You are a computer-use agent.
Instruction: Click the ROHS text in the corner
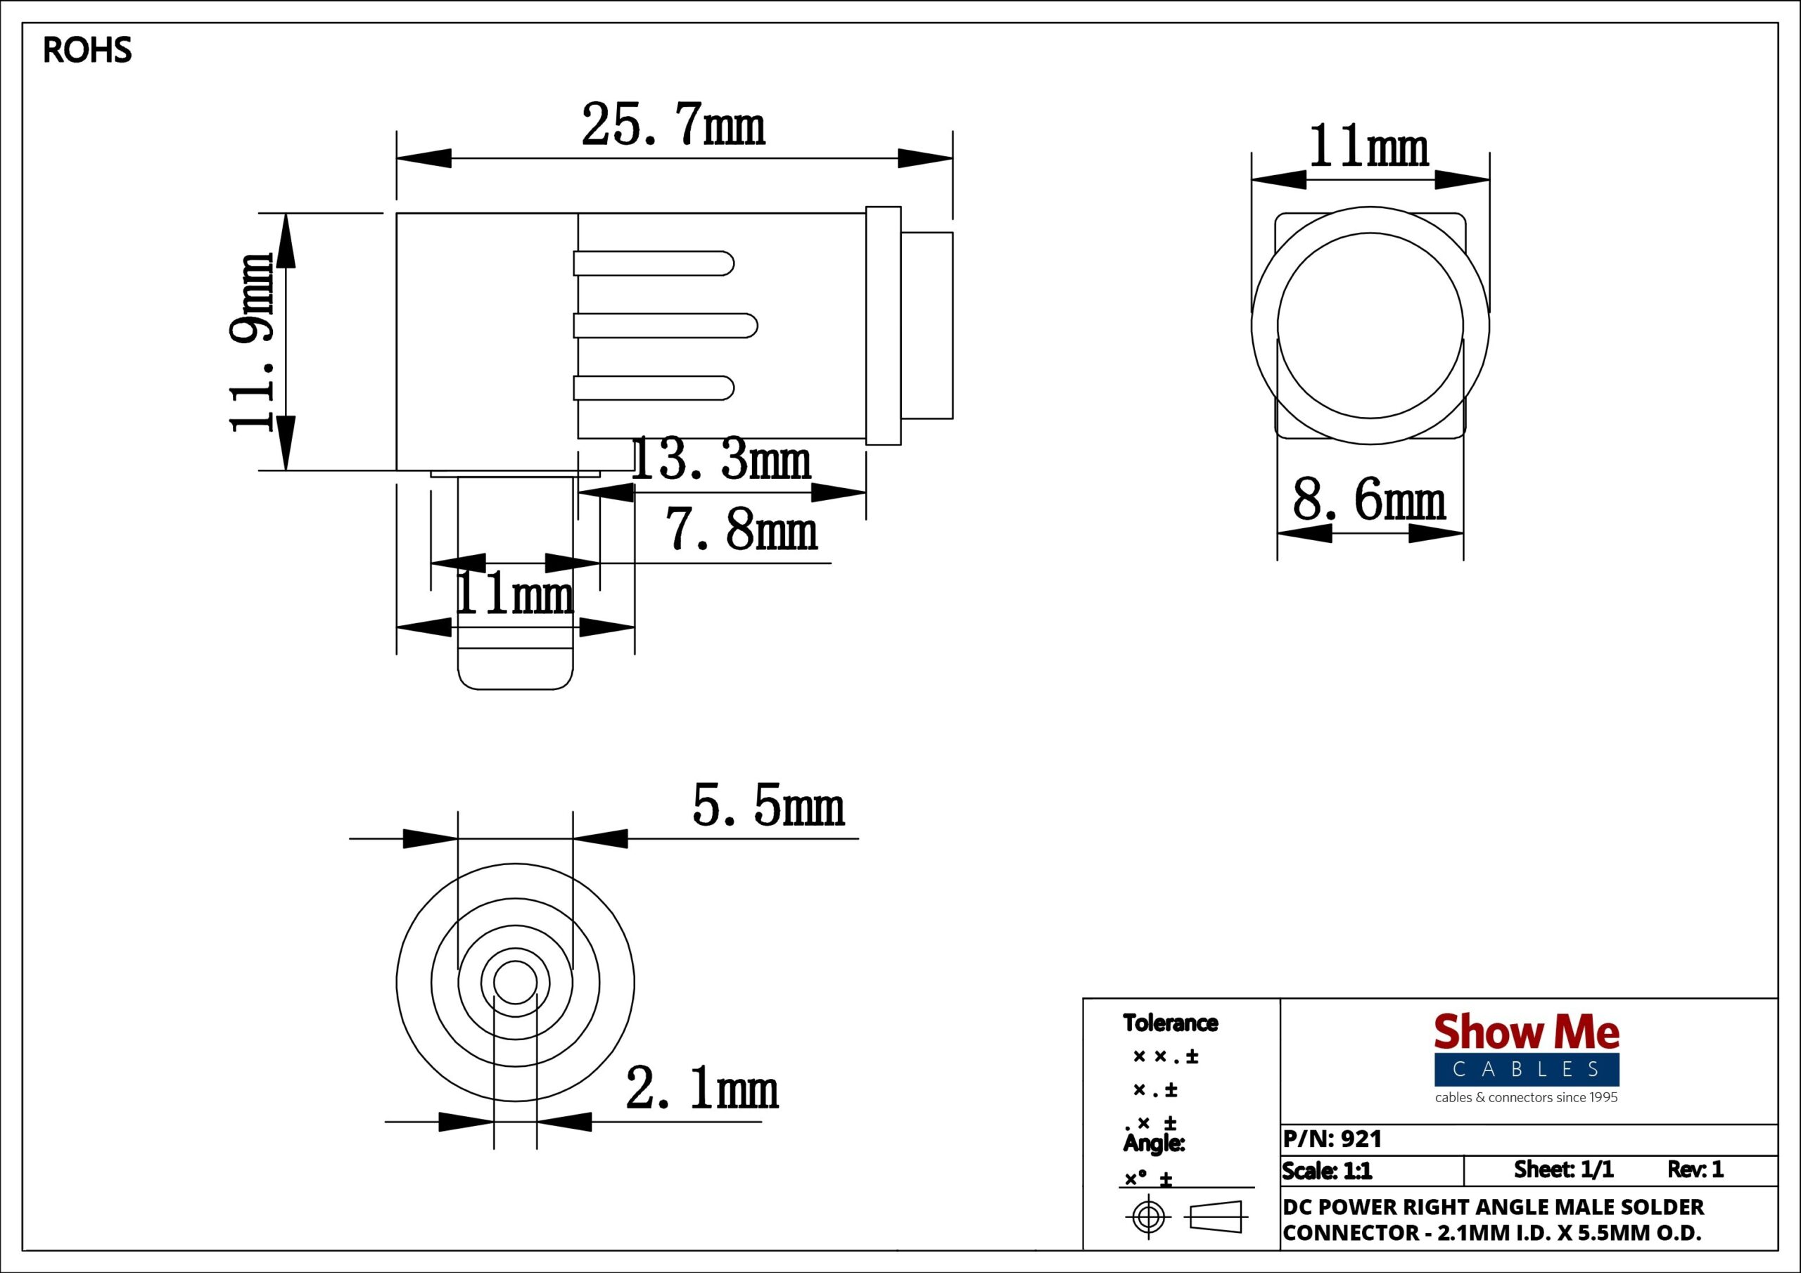(87, 50)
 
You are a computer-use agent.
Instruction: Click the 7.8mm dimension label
(742, 530)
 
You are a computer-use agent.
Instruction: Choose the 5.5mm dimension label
(769, 807)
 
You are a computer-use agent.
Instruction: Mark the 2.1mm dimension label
(702, 1089)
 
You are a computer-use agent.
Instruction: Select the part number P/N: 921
(1332, 1139)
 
